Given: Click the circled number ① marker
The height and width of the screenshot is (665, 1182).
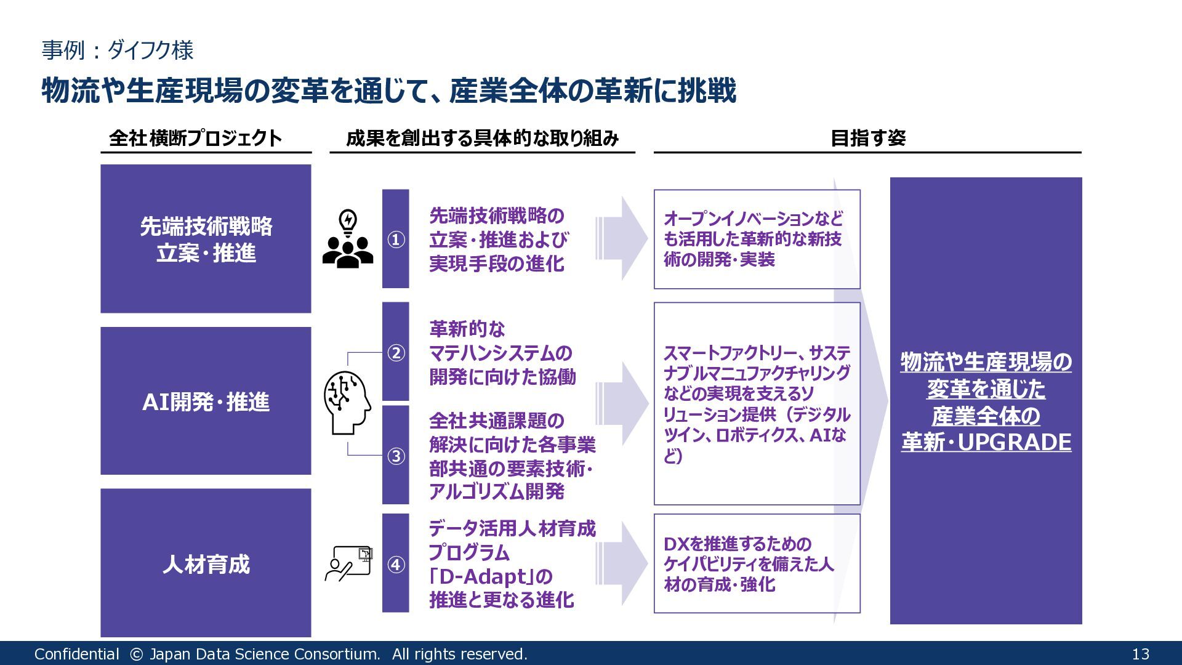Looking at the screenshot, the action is click(396, 240).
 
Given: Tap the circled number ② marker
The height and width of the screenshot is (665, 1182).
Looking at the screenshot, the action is click(396, 353).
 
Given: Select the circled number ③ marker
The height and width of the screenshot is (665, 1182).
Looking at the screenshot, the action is click(396, 456).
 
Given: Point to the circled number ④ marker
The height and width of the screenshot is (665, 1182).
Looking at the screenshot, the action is click(396, 564).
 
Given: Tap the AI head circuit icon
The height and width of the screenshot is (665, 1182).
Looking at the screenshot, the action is click(347, 403).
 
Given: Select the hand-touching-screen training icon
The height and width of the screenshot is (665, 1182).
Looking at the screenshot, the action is click(349, 563).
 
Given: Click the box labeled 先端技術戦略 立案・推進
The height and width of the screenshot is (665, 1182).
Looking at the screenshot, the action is click(206, 239).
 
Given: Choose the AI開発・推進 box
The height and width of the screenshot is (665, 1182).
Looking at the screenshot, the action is click(206, 401).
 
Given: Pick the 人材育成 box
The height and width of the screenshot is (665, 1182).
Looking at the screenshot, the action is click(206, 563).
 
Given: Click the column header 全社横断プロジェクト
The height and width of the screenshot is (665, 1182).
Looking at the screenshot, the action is click(195, 138).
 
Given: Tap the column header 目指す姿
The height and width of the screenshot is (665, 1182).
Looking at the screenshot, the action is click(867, 138).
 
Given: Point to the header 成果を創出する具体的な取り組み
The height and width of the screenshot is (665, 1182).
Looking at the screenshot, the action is click(482, 138).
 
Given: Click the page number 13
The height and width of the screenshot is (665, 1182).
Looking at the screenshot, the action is click(1140, 654).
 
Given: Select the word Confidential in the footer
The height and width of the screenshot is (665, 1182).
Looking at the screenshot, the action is click(76, 654).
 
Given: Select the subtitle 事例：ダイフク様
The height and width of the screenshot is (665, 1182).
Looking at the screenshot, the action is click(118, 50).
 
